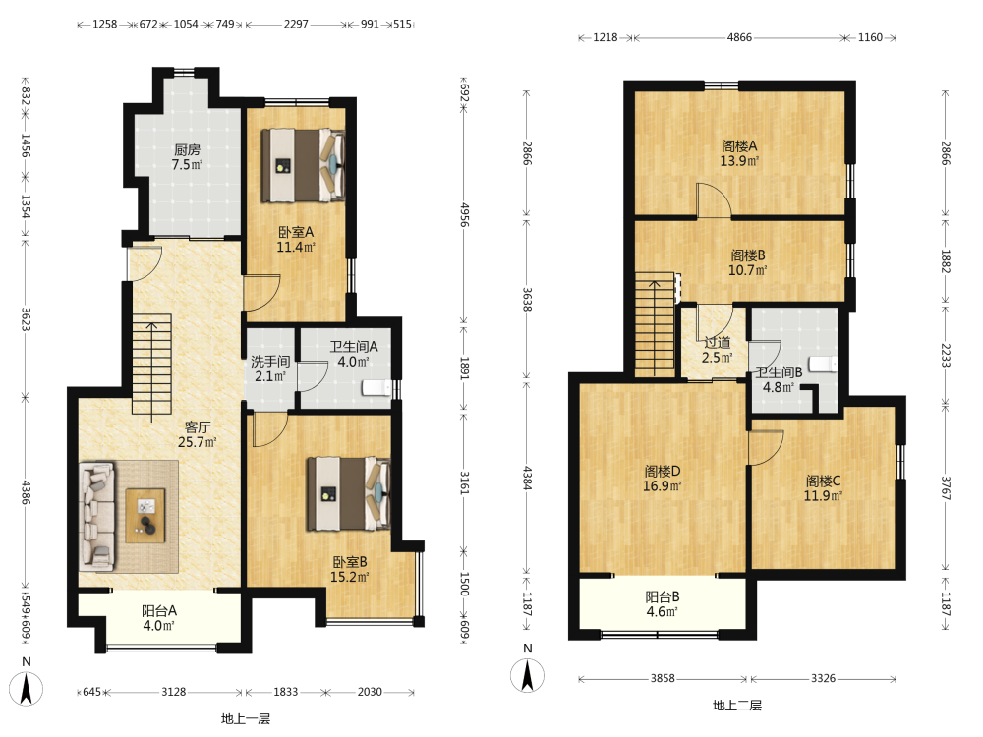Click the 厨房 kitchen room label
[187, 156]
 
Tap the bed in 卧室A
[303, 165]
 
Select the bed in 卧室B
[348, 494]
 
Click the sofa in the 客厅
[97, 517]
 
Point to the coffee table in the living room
[145, 516]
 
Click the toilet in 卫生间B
[823, 365]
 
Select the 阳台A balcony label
[158, 618]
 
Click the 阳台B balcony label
[663, 604]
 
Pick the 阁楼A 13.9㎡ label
[740, 153]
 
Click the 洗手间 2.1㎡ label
[270, 368]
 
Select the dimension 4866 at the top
[740, 37]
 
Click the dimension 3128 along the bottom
[174, 692]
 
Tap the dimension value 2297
[296, 24]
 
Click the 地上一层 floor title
[246, 719]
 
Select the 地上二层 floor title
[737, 705]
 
